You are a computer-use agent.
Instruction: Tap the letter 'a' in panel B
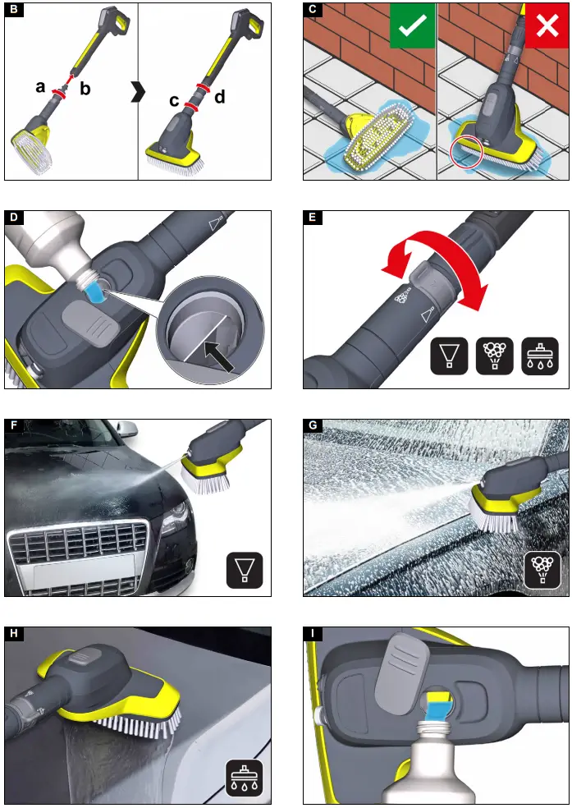40,86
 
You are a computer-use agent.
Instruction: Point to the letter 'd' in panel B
219,97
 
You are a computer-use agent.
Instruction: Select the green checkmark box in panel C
411,27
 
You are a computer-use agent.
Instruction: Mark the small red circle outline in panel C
465,151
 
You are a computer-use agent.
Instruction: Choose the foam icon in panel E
495,356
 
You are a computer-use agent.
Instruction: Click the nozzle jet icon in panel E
450,356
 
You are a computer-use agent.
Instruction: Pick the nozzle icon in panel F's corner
244,569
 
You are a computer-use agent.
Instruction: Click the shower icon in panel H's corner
244,778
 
